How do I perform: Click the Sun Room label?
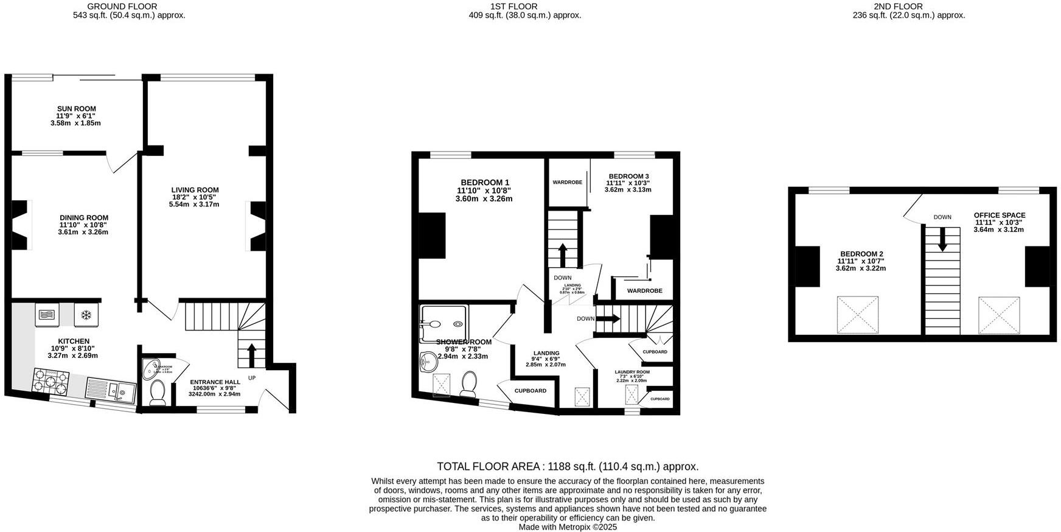(x=77, y=109)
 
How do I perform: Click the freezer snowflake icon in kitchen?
(x=86, y=315)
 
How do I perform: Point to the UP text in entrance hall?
(x=252, y=377)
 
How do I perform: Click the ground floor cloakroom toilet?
(x=158, y=393)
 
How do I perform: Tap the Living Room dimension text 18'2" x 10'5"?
(x=195, y=197)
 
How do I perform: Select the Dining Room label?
(x=84, y=217)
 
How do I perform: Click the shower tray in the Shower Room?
(x=444, y=323)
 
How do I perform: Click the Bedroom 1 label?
(x=485, y=182)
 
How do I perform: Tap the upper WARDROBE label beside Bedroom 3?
(x=567, y=183)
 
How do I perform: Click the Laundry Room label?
(x=632, y=372)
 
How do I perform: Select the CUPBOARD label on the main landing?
(x=530, y=391)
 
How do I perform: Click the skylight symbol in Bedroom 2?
(x=858, y=315)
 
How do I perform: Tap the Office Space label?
(x=1000, y=215)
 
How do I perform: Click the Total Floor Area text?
(x=568, y=467)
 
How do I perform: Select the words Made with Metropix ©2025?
(x=568, y=527)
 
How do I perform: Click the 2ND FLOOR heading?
(x=906, y=7)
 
